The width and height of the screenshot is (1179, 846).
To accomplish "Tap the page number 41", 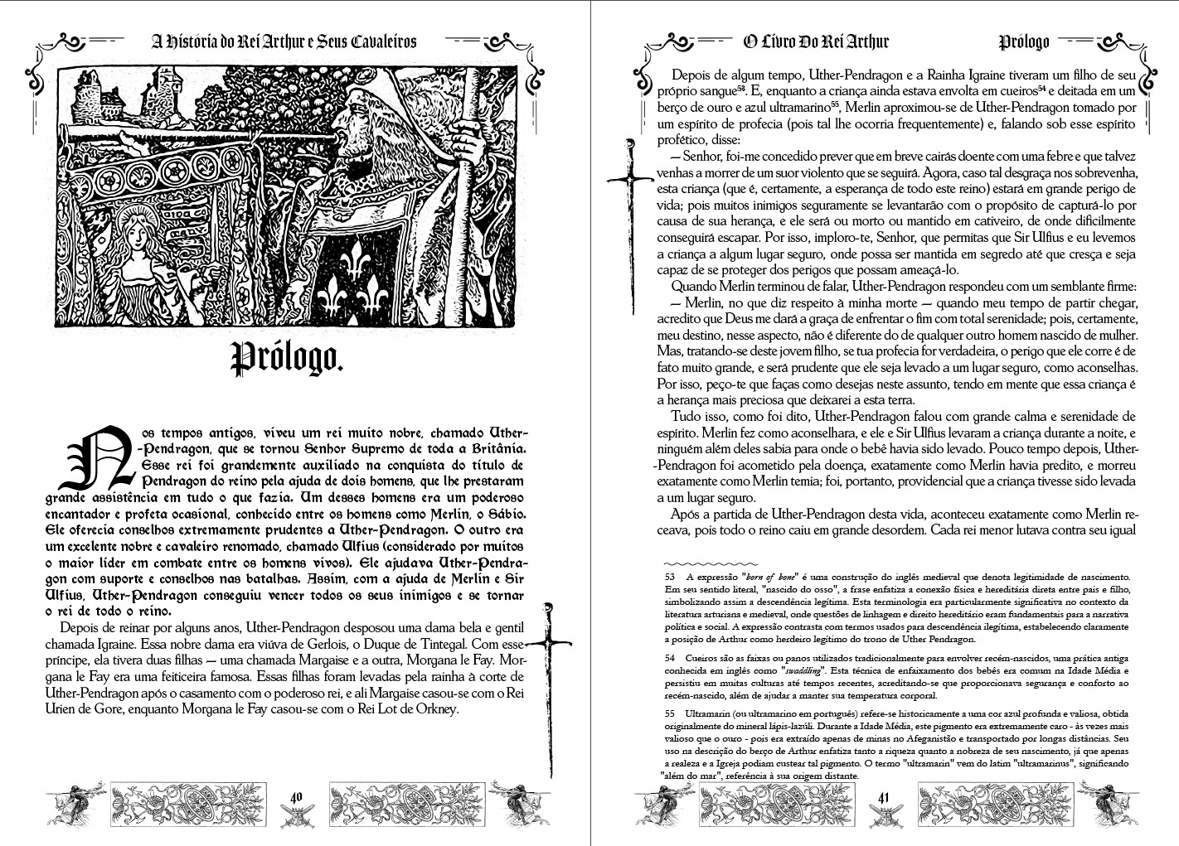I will [x=884, y=797].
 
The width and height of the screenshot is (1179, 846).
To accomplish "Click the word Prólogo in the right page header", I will [x=1024, y=41].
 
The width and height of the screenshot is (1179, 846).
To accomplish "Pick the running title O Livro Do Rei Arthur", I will [x=815, y=41].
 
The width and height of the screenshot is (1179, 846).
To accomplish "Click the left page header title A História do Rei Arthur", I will [x=281, y=41].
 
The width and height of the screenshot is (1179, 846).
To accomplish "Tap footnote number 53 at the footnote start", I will [x=669, y=576].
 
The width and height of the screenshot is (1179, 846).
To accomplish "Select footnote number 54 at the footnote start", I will [x=669, y=655].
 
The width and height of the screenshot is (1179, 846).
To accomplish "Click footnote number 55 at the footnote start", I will [x=669, y=713].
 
